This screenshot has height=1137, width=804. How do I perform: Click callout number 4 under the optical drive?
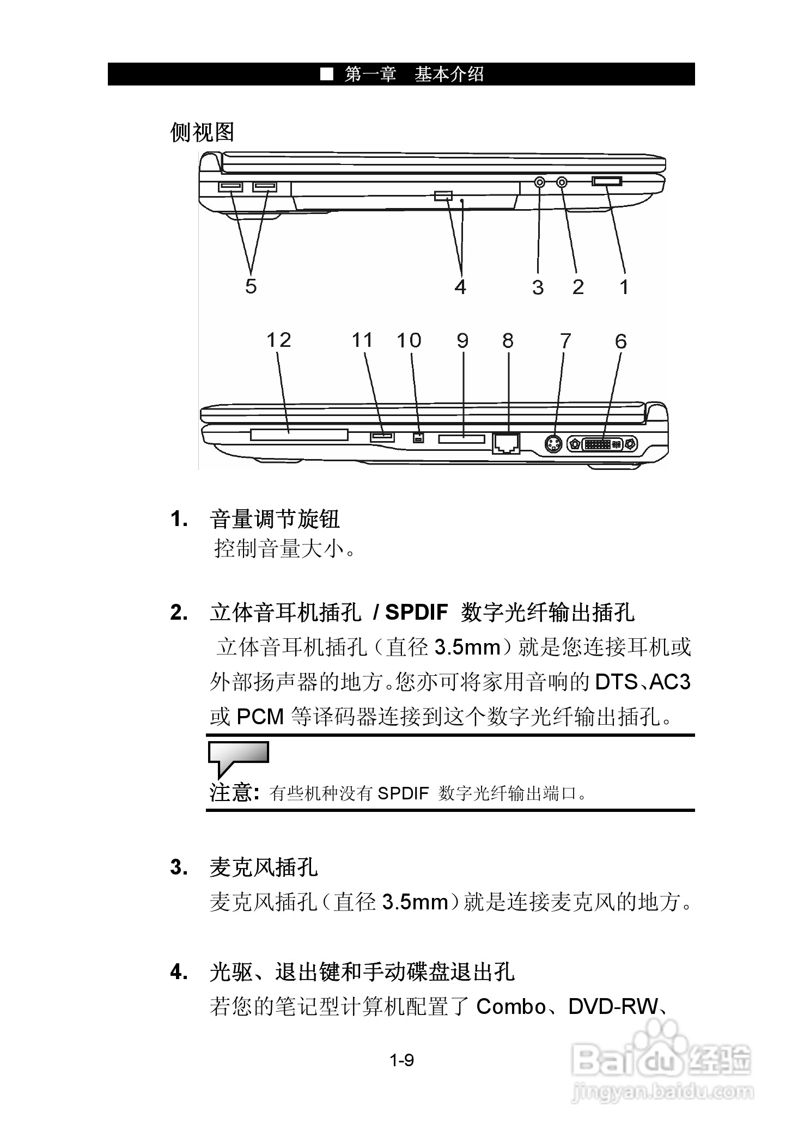[460, 286]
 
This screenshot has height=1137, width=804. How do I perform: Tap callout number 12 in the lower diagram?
[278, 340]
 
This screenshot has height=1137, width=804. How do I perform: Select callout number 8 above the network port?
[508, 341]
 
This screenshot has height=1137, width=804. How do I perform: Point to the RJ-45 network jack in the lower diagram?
[506, 443]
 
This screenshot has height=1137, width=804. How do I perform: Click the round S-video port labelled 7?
[553, 444]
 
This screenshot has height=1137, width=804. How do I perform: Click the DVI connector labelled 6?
[602, 444]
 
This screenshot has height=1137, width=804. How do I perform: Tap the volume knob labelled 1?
[606, 181]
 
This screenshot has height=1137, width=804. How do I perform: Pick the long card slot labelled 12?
[299, 435]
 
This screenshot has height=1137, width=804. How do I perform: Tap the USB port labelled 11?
[382, 437]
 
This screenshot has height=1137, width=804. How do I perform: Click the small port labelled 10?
[418, 437]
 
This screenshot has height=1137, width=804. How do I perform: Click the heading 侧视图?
[202, 132]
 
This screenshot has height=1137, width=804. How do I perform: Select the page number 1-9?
[401, 1060]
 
